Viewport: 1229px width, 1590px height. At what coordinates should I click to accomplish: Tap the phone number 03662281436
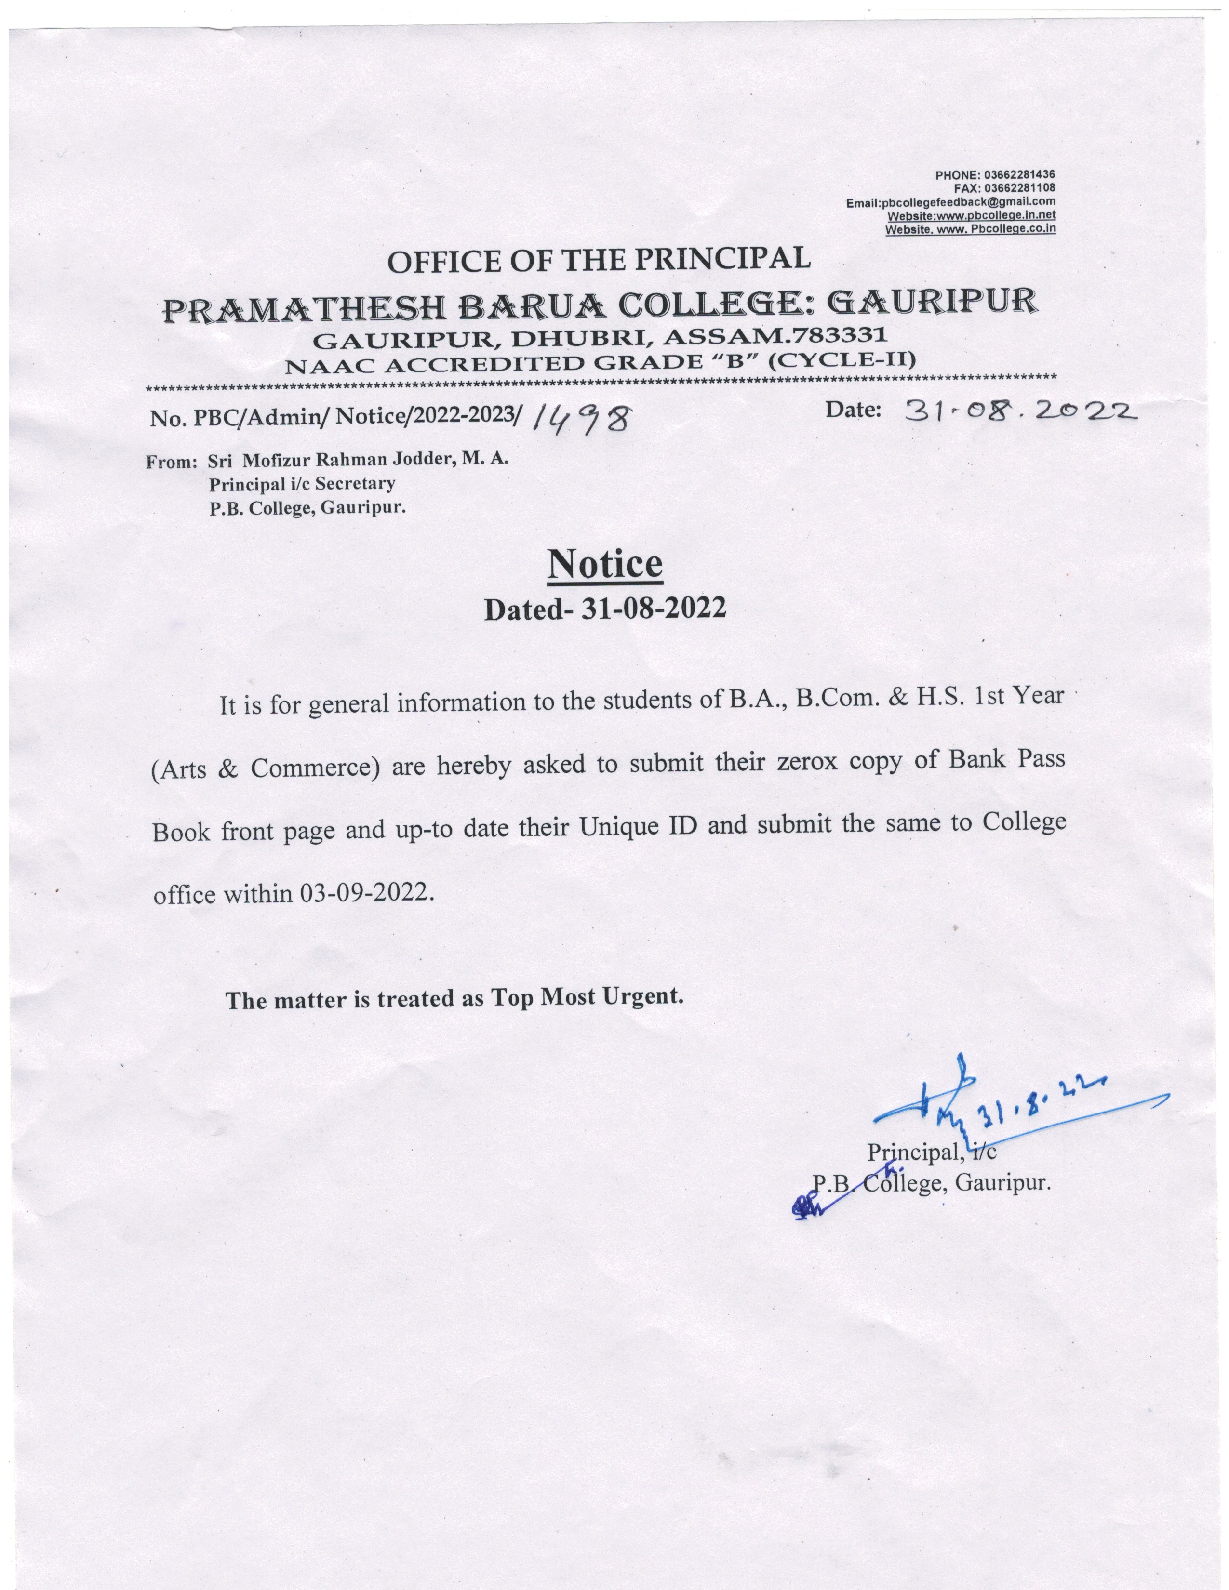coord(1019,175)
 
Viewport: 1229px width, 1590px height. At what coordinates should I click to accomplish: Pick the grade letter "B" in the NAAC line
coord(728,361)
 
